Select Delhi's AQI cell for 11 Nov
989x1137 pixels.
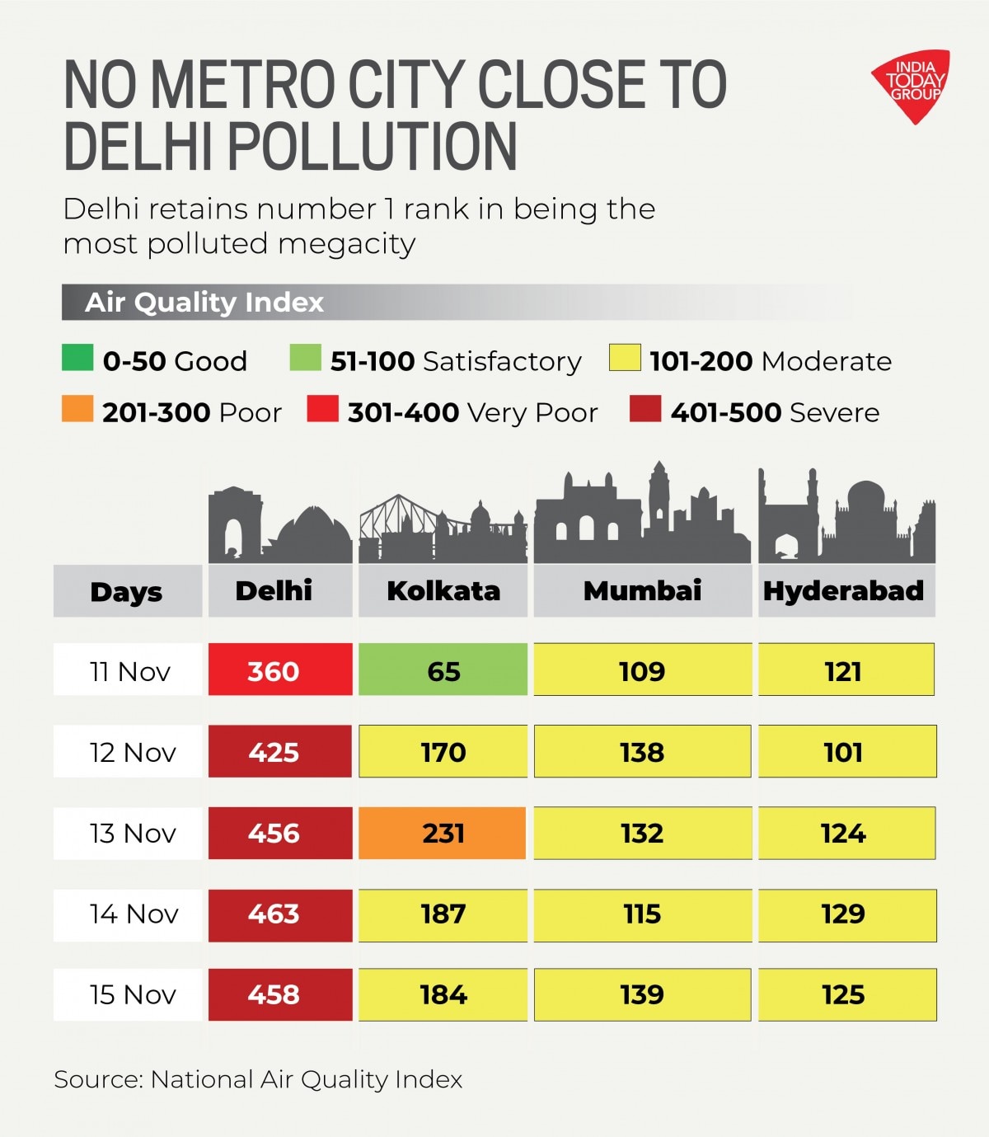click(280, 670)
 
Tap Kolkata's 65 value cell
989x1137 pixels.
click(443, 670)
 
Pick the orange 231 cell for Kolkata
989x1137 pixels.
click(443, 833)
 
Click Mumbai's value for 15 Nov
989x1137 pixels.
click(642, 994)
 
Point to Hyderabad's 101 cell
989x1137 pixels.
click(846, 751)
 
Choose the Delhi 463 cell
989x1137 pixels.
click(280, 914)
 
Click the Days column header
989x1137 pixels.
click(127, 591)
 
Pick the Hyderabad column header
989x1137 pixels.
click(846, 590)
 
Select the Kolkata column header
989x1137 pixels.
click(443, 590)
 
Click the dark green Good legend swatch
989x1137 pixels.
click(77, 359)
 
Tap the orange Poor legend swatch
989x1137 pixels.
click(77, 409)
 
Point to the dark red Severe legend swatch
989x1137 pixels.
click(644, 409)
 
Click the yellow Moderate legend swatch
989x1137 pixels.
click(625, 359)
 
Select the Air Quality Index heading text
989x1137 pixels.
click(204, 303)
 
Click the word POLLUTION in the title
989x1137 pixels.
click(372, 147)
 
